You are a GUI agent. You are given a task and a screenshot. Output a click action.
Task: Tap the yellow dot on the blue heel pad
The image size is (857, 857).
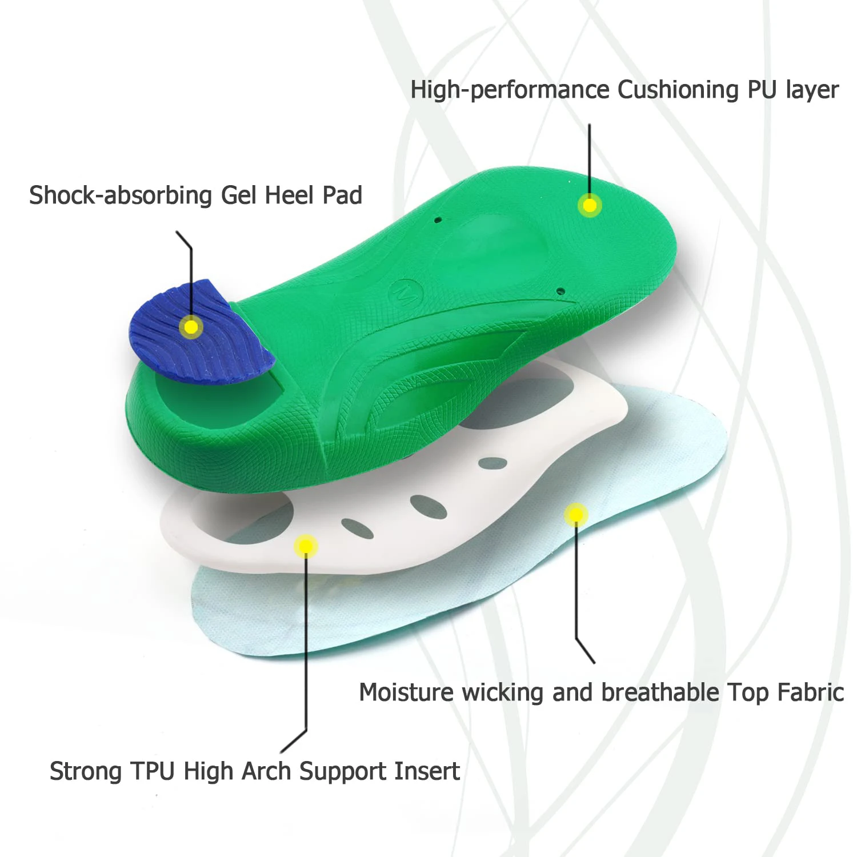pos(191,327)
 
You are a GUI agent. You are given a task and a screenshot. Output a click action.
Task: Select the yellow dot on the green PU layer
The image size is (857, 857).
pos(590,205)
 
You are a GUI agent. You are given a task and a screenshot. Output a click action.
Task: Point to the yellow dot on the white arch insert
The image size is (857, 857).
pos(306,546)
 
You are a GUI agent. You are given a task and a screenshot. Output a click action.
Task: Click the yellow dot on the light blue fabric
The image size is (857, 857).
pos(576,515)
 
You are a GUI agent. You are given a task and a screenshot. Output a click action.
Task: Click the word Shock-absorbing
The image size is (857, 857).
pos(121,195)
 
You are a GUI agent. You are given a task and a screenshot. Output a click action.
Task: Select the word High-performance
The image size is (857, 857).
pos(510,90)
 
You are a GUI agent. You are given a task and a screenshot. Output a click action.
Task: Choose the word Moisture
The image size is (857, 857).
pos(406,692)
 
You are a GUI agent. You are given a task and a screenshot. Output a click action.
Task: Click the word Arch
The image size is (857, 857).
pos(267,771)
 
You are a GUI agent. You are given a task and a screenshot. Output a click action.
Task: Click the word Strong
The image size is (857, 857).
pos(86,771)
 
